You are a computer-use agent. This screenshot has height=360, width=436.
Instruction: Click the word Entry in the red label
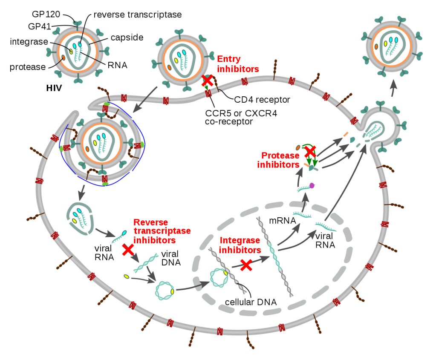229,59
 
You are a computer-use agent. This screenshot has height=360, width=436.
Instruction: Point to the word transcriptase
162,231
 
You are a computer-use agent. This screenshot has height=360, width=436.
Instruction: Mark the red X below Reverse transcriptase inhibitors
128,250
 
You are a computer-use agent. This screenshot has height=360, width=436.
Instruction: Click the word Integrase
240,241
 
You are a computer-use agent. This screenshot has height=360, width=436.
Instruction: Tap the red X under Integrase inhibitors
246,265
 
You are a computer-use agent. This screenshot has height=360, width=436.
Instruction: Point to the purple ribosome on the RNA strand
312,185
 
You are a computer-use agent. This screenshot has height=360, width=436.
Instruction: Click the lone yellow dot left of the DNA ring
127,276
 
